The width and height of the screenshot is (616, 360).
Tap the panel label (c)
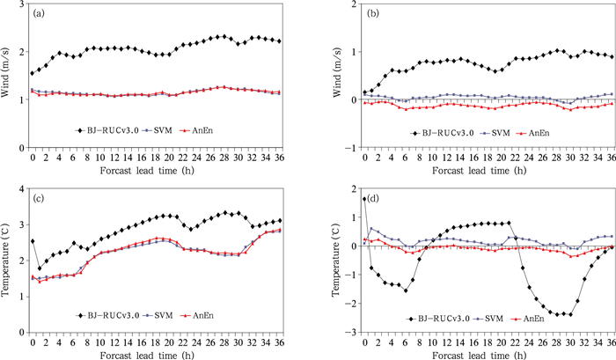pyautogui.click(x=41, y=199)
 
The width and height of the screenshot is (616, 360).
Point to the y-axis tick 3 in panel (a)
pyautogui.click(x=21, y=5)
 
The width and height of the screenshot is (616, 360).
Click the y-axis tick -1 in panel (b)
pyautogui.click(x=352, y=147)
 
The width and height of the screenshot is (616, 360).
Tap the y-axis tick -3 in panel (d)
pyautogui.click(x=352, y=332)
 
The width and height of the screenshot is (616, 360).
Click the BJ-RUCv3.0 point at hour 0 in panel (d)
pyautogui.click(x=366, y=199)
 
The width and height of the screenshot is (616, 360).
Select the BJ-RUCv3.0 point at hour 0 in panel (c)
pyautogui.click(x=33, y=240)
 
